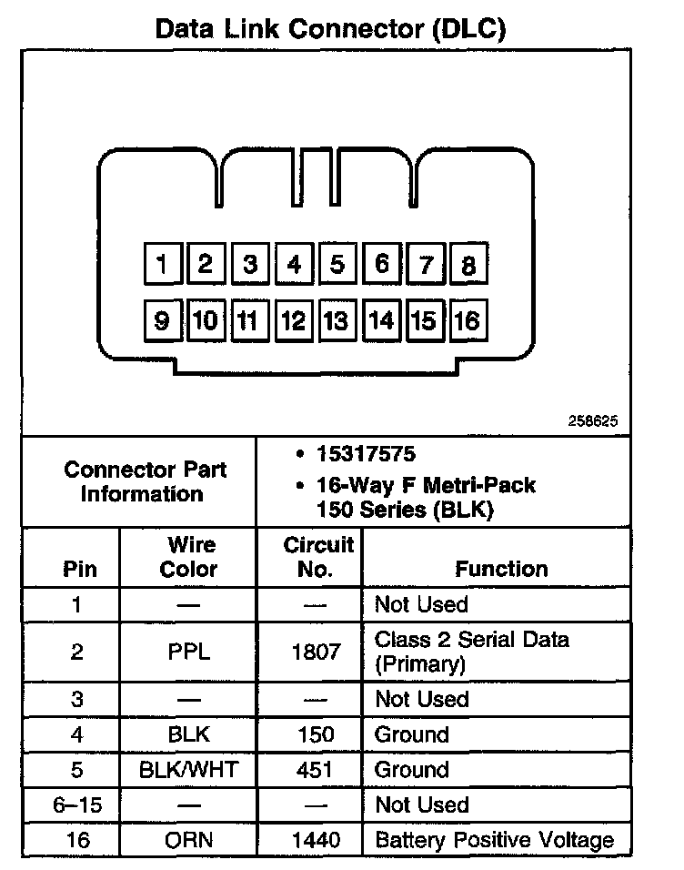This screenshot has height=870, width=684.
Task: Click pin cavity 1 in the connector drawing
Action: pos(163,265)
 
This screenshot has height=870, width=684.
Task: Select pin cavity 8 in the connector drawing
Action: pos(468,265)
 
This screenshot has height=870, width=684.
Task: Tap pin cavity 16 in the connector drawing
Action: pos(468,320)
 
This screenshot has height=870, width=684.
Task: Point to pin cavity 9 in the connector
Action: pos(163,320)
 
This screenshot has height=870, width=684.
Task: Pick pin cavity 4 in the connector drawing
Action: pos(294,265)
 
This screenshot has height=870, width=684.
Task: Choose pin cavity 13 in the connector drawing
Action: pos(337,320)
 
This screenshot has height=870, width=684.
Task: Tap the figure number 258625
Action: pos(593,421)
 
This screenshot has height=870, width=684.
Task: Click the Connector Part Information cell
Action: pos(146,481)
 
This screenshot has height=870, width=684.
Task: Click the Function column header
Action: pos(501,569)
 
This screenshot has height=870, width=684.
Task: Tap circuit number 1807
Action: pos(316,652)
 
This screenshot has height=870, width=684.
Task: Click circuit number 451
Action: pos(316,770)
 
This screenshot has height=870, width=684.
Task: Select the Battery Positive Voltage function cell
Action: pos(494,840)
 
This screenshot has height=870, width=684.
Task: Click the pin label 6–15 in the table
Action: pos(79,805)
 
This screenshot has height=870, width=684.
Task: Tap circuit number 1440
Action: pos(316,840)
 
